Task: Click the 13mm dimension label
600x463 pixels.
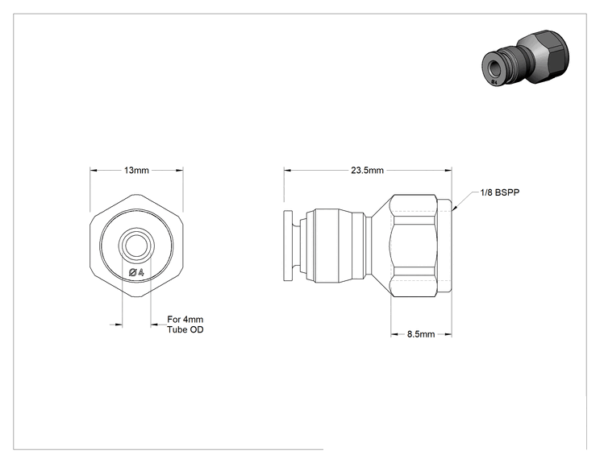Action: pyautogui.click(x=136, y=170)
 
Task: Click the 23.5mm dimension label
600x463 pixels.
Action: pyautogui.click(x=368, y=170)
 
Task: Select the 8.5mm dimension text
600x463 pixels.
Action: pyautogui.click(x=421, y=334)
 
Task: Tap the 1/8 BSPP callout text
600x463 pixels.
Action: pyautogui.click(x=500, y=192)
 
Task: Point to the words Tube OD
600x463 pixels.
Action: pyautogui.click(x=185, y=329)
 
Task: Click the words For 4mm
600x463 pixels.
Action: pyautogui.click(x=185, y=320)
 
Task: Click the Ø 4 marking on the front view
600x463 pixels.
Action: pyautogui.click(x=136, y=272)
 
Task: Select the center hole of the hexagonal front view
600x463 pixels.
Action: pyautogui.click(x=136, y=245)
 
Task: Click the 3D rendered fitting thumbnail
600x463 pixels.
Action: pyautogui.click(x=525, y=57)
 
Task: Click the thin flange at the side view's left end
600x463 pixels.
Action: pyautogui.click(x=289, y=246)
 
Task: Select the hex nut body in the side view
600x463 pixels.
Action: pyautogui.click(x=414, y=246)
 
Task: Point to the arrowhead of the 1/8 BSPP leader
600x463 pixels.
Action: pyautogui.click(x=454, y=209)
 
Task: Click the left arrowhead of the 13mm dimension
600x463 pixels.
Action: pyautogui.click(x=94, y=171)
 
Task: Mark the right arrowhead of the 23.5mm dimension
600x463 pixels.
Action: pyautogui.click(x=448, y=171)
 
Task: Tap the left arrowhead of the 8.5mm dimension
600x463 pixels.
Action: pyautogui.click(x=395, y=334)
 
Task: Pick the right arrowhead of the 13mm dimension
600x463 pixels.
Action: pyautogui.click(x=179, y=171)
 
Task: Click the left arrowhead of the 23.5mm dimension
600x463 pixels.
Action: pyautogui.click(x=288, y=171)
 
